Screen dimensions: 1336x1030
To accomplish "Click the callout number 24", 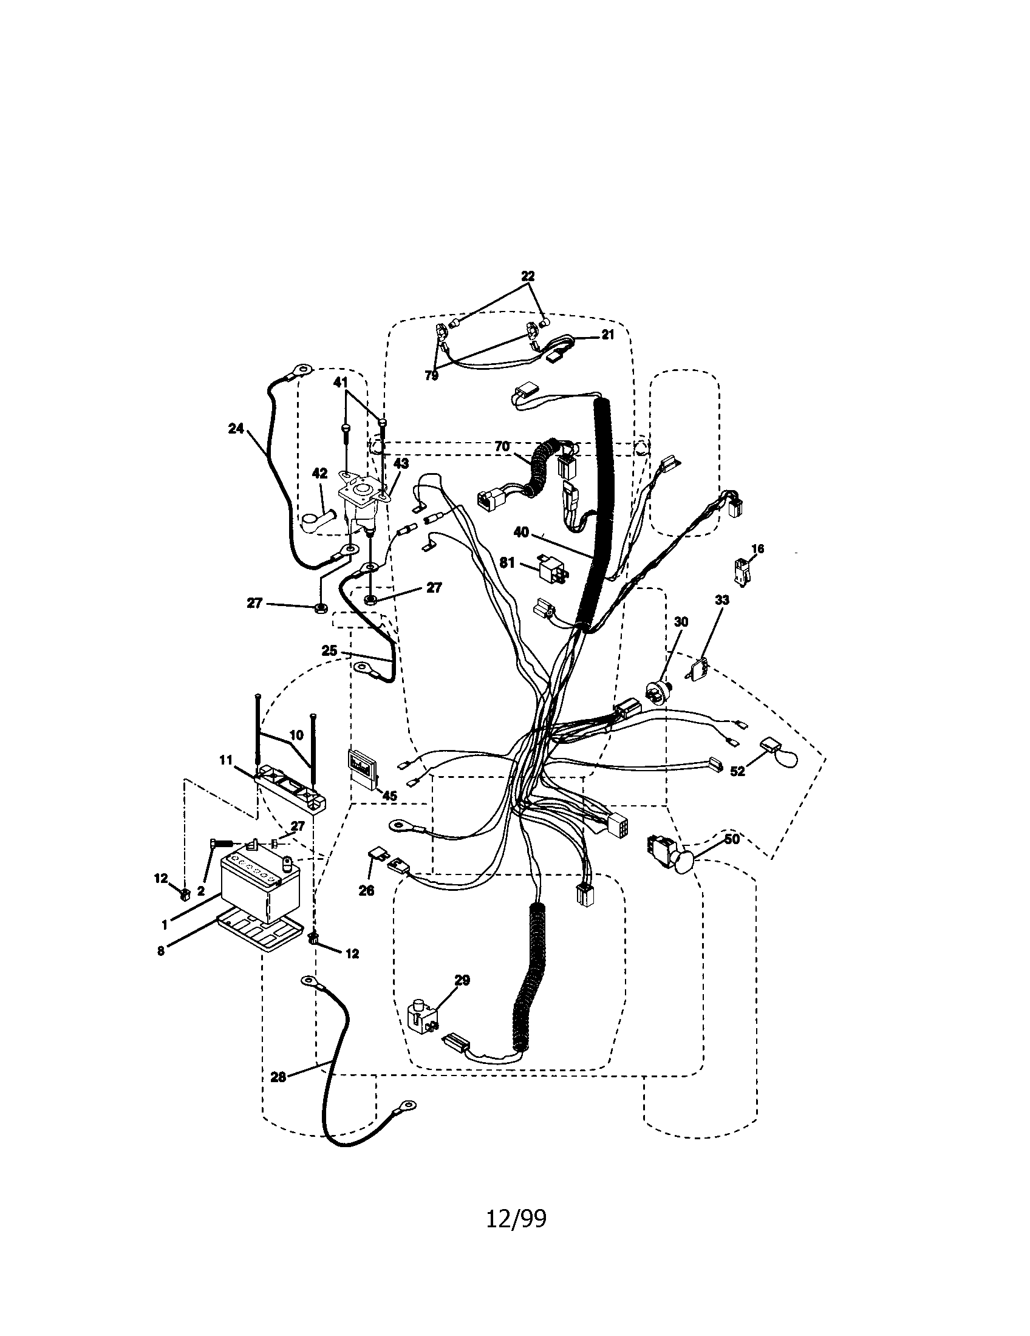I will coord(236,429).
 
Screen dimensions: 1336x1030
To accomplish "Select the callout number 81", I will coord(508,562).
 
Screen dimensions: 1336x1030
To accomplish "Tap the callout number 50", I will coord(732,839).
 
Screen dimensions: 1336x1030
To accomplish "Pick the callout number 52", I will coord(738,771).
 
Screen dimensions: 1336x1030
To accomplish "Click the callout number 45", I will coord(389,796).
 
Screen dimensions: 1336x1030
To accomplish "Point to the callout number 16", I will coord(757,550).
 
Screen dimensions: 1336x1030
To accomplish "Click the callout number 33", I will coord(722,600).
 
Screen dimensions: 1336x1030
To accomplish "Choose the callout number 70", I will coord(502,446).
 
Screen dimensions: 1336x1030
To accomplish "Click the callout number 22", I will coord(528,276).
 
